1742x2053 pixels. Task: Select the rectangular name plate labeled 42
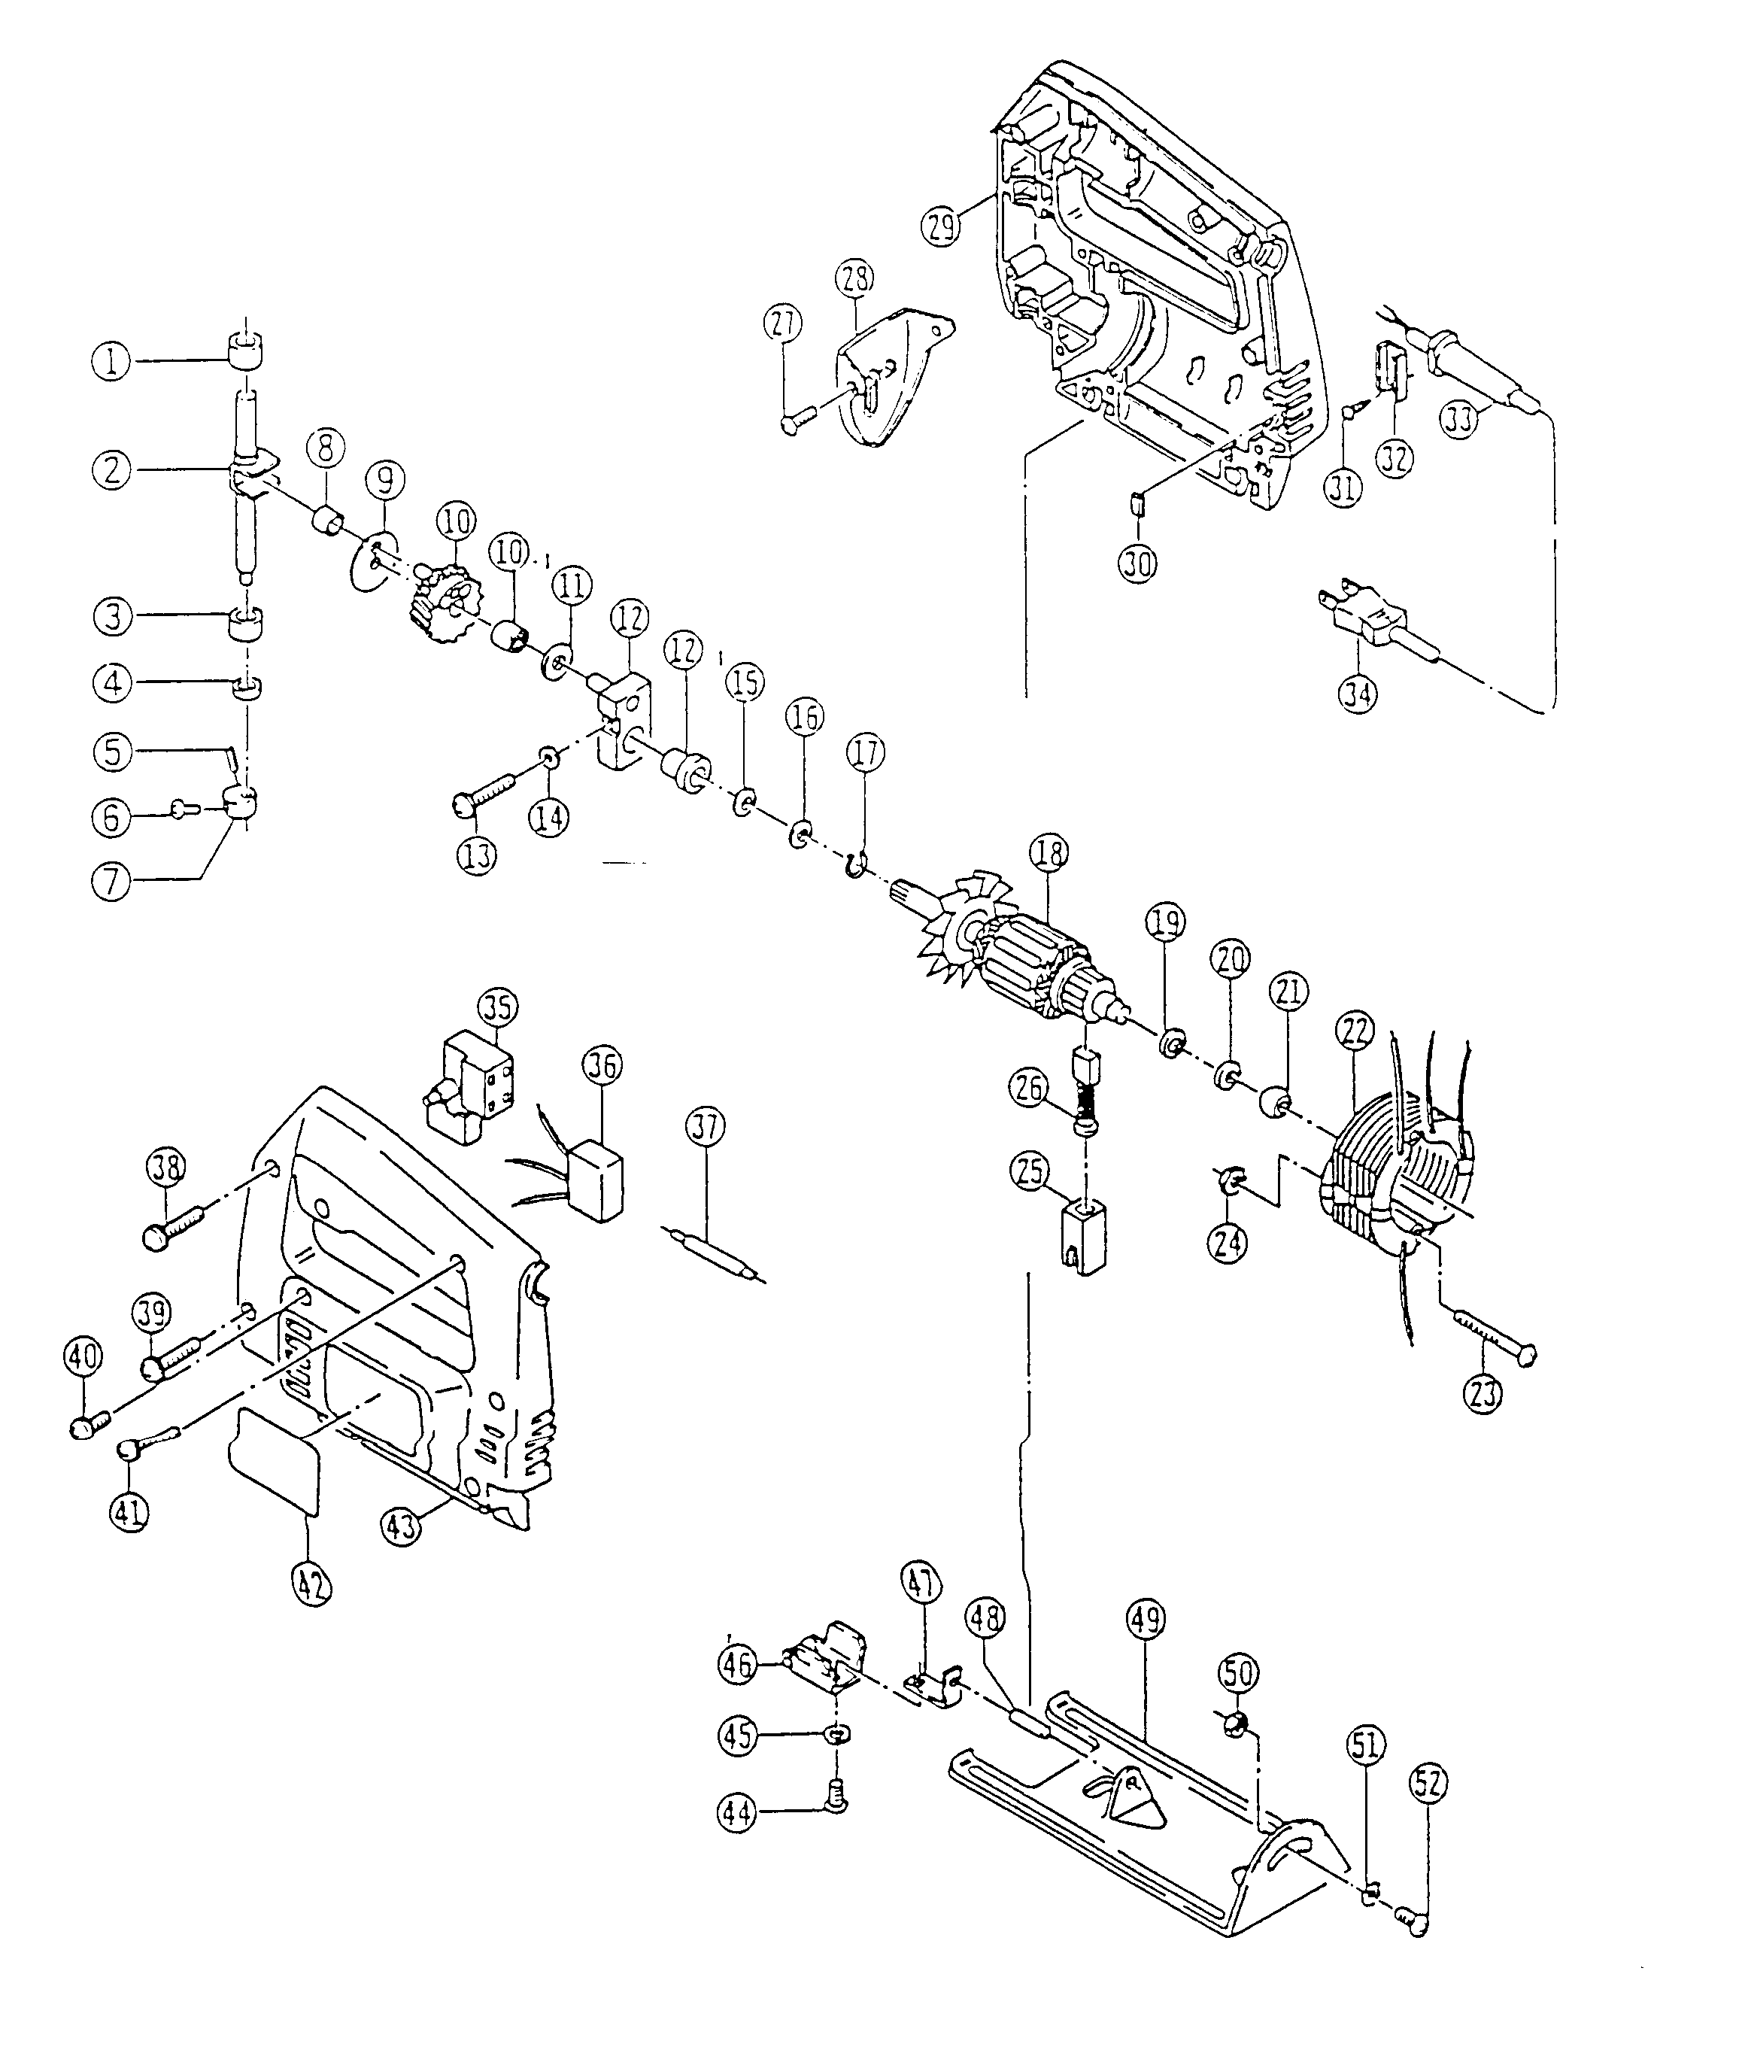275,1471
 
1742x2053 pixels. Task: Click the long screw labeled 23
1492,1333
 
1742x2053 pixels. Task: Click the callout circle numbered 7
111,881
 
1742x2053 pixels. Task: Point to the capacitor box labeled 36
597,1180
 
